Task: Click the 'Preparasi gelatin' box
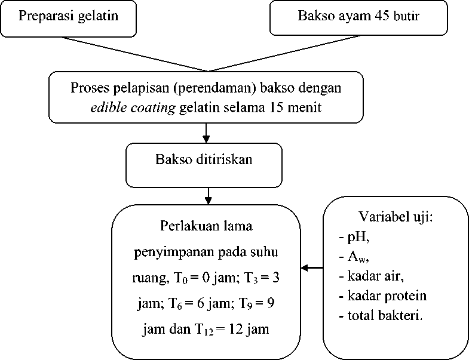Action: click(x=68, y=17)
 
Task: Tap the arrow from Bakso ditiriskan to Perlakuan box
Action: click(x=207, y=195)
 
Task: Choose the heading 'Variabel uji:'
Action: click(x=395, y=216)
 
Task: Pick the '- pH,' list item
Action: click(x=355, y=237)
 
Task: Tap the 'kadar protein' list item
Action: click(x=382, y=296)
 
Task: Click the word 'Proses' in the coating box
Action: click(x=87, y=88)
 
